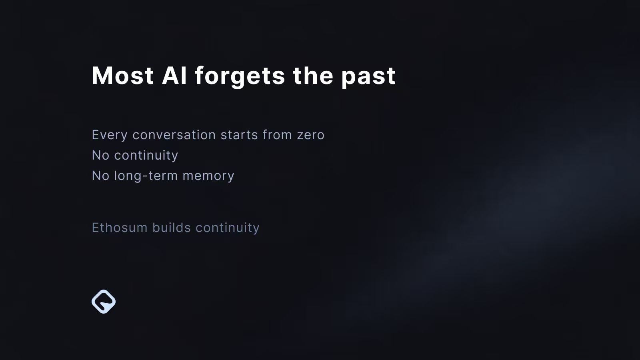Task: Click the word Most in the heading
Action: [x=123, y=76]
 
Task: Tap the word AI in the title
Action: [x=174, y=76]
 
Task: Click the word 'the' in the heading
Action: [x=313, y=76]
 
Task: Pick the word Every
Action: [x=110, y=135]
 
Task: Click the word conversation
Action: [x=174, y=135]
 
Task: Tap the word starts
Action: [x=240, y=135]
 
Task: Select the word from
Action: [x=278, y=135]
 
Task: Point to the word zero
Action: [x=311, y=136]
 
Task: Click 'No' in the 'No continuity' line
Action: [x=100, y=156]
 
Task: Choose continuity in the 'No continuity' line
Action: [x=146, y=156]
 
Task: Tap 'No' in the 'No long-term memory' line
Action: [x=100, y=176]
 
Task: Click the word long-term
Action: [x=146, y=176]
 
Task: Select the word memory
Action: [x=208, y=176]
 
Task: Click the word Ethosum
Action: [x=120, y=228]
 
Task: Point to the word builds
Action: [x=172, y=228]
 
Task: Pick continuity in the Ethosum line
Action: [x=228, y=228]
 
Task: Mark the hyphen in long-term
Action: [x=145, y=176]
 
